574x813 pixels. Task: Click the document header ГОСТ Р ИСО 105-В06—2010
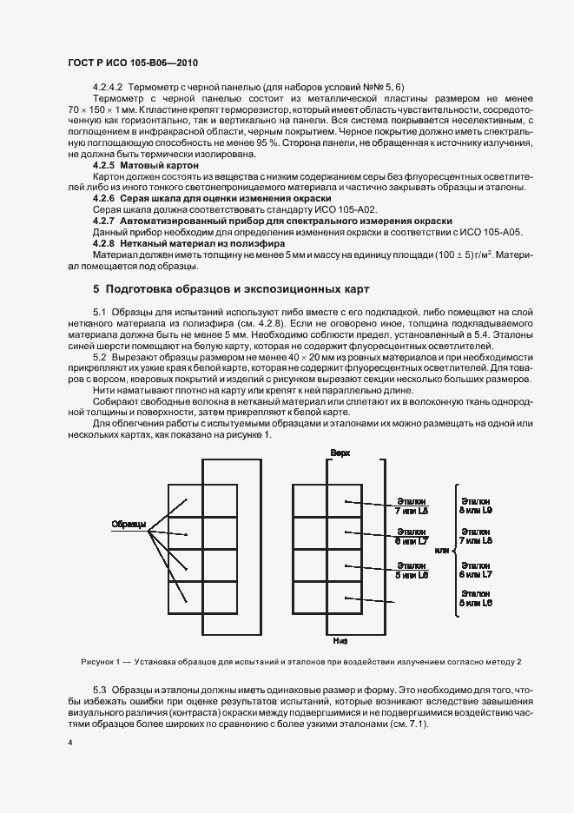click(x=134, y=63)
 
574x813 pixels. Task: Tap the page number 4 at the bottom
click(x=70, y=744)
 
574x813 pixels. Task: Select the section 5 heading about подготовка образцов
click(x=231, y=288)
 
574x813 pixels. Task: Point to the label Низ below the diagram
click(x=340, y=641)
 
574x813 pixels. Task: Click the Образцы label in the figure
click(x=127, y=524)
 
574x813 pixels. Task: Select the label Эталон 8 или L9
click(x=476, y=506)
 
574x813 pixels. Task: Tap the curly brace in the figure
click(x=455, y=550)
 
